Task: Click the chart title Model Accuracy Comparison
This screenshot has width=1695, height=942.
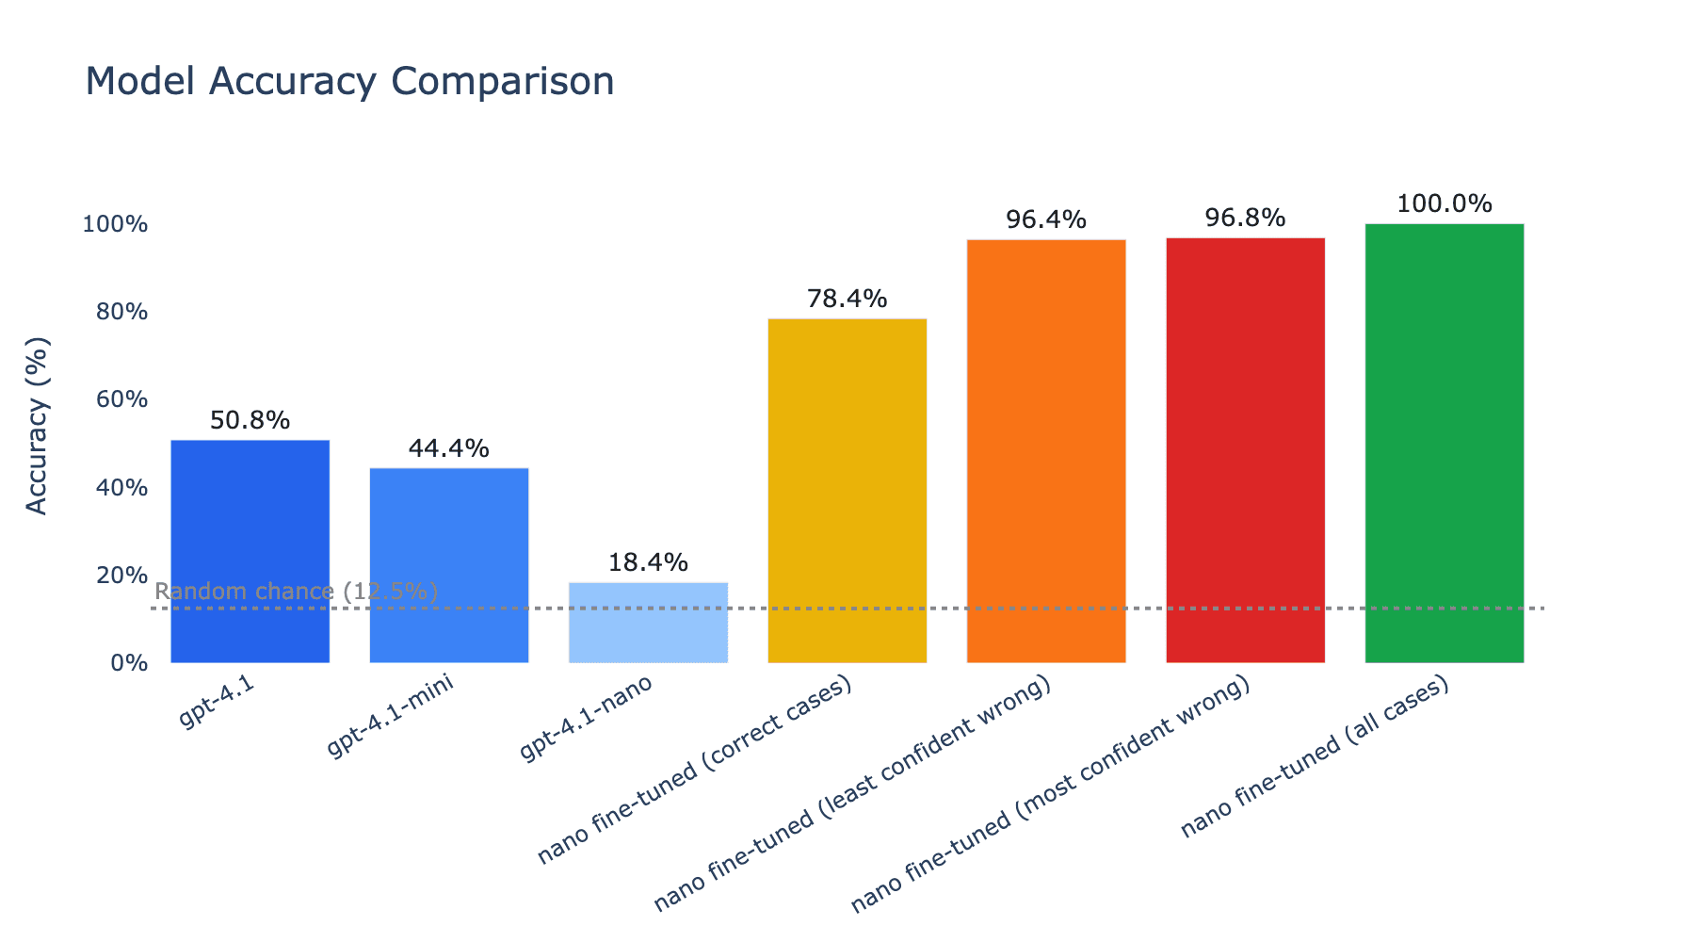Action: point(349,82)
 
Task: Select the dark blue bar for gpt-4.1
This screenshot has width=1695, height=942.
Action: point(250,551)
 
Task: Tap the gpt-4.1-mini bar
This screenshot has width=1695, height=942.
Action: point(449,565)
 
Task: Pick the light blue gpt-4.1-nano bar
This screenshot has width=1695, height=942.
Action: point(648,623)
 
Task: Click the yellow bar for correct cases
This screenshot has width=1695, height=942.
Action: point(847,490)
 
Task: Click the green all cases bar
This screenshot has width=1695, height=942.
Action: point(1444,443)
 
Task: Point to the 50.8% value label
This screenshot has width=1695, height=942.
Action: point(250,420)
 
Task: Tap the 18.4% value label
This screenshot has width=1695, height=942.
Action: point(648,562)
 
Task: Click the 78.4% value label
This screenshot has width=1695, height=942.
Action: point(847,299)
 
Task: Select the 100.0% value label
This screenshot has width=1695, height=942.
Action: point(1444,203)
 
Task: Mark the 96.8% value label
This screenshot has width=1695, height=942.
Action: point(1245,218)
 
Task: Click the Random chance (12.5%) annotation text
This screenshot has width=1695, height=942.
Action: point(296,592)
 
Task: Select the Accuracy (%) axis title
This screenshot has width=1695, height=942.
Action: point(37,425)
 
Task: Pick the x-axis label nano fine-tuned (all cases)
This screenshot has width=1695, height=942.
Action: point(1314,758)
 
